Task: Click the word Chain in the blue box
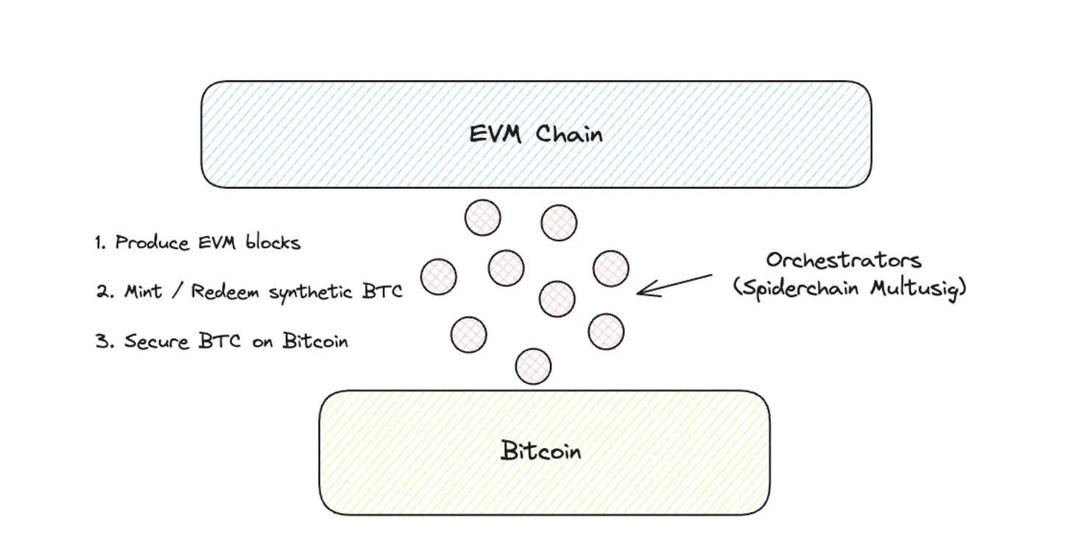[x=569, y=135]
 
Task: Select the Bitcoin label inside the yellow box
[x=541, y=450]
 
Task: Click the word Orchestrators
[x=844, y=261]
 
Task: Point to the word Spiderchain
[x=800, y=288]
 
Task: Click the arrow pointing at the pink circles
[x=674, y=285]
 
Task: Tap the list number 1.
[x=100, y=242]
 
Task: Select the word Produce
[x=152, y=242]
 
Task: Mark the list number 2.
[x=102, y=291]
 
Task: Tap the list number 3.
[x=102, y=341]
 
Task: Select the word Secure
[x=155, y=341]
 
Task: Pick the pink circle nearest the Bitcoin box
[x=534, y=365]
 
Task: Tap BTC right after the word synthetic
[x=383, y=291]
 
